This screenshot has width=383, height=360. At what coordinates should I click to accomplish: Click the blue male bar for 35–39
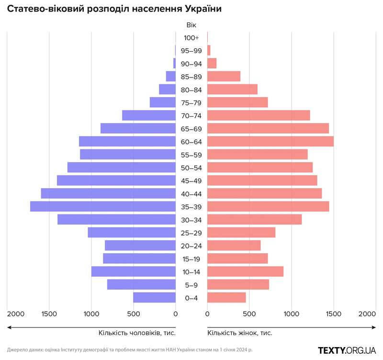[x=103, y=206]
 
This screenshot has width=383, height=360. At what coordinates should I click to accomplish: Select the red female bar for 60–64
[x=270, y=142]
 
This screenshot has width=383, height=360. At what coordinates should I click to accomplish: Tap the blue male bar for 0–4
[x=154, y=298]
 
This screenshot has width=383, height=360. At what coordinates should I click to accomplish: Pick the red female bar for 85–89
[x=224, y=77]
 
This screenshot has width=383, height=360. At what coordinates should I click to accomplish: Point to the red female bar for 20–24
[x=234, y=246]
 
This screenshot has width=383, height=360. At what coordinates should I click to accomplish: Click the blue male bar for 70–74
[x=149, y=115]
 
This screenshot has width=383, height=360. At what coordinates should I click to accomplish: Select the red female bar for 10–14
[x=245, y=271]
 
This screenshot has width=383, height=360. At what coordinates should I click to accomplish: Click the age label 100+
[x=191, y=38]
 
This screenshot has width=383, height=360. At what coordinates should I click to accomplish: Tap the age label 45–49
[x=191, y=181]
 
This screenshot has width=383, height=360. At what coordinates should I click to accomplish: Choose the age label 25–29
[x=191, y=233]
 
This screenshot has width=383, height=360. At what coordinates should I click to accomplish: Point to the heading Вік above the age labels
[x=191, y=25]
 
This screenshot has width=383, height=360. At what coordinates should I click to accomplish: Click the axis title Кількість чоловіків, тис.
[x=137, y=332]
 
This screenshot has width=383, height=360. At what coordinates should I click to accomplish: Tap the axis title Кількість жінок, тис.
[x=243, y=332]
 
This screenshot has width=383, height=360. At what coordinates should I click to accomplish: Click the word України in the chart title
[x=197, y=9]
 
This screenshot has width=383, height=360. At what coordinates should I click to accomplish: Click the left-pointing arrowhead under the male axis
[x=9, y=327]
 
